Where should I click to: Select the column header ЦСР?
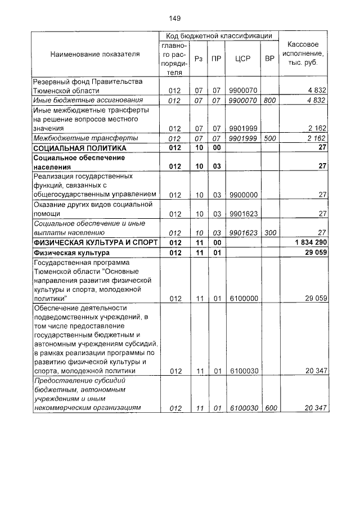(242, 58)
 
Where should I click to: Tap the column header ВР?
(269, 58)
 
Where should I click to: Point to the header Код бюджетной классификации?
(219, 35)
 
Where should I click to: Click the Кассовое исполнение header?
(303, 53)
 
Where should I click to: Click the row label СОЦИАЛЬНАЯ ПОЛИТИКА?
(79, 148)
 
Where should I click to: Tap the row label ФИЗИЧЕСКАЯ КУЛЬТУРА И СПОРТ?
(94, 242)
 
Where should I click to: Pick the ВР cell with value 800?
(269, 100)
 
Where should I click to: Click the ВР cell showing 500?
(269, 138)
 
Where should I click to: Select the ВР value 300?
(269, 232)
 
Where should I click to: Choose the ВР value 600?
(270, 408)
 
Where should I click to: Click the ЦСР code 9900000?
(243, 195)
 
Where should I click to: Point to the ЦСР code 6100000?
(243, 299)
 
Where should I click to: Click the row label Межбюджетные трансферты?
(78, 138)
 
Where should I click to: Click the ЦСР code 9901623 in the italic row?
(243, 232)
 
